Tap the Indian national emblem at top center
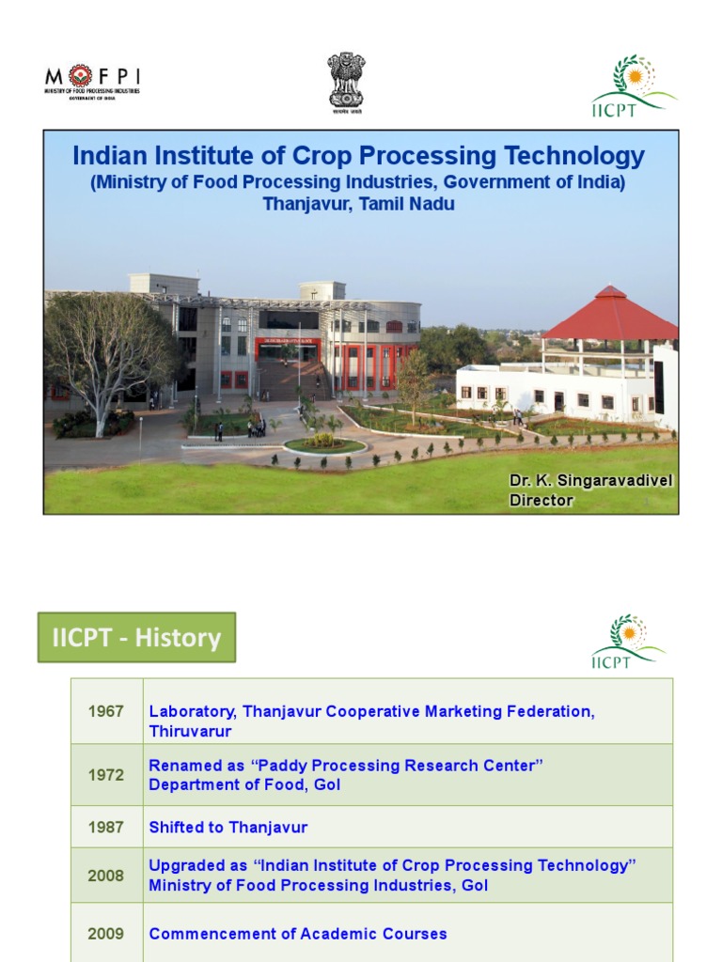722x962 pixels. coord(346,83)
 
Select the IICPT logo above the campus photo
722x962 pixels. coord(632,85)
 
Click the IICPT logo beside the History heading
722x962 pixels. coord(628,642)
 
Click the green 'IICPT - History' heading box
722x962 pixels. coord(136,638)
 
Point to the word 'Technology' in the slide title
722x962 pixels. coord(580,156)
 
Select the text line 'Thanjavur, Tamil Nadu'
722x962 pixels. coord(358,204)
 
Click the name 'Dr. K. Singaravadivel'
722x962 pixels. coord(590,480)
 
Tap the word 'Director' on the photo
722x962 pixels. coord(541,501)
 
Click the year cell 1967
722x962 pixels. coord(106,711)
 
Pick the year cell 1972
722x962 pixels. coord(106,775)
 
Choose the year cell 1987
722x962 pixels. coord(106,828)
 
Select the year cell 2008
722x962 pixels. coord(106,876)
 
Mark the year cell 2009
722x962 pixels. coord(106,934)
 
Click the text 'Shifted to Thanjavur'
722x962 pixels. coord(228,828)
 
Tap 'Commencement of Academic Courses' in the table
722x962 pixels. coord(297,934)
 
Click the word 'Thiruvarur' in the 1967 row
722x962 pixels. coord(190,731)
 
